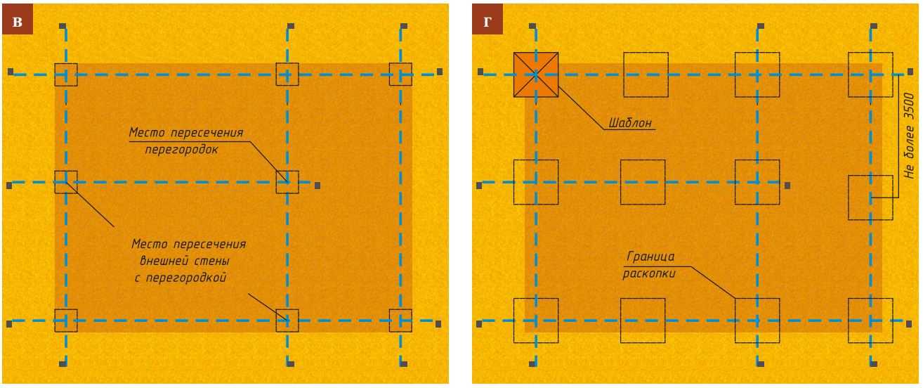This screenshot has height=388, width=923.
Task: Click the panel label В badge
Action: click(18, 20)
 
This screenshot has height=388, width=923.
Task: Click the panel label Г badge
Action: click(487, 20)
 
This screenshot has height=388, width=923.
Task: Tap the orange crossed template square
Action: click(536, 75)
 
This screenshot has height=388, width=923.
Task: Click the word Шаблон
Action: click(630, 123)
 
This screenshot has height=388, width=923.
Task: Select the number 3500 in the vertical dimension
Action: click(909, 106)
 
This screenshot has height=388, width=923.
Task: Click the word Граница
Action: click(650, 257)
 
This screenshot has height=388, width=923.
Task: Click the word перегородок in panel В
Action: click(181, 150)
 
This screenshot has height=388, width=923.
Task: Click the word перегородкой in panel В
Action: click(186, 278)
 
